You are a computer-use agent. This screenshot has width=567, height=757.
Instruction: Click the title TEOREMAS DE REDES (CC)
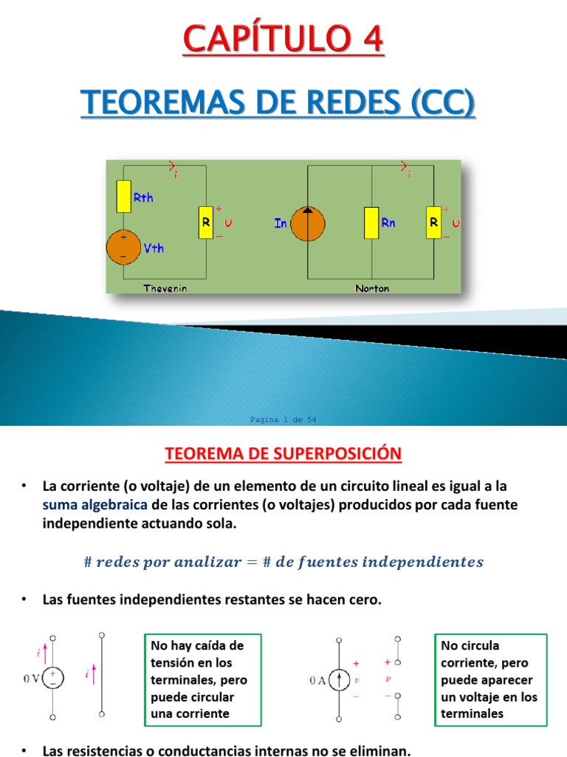(278, 101)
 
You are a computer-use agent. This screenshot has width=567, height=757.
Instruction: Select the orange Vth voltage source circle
(123, 247)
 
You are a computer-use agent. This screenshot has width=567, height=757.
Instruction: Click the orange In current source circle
(307, 223)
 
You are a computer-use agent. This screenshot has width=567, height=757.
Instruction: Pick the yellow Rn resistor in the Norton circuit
(371, 223)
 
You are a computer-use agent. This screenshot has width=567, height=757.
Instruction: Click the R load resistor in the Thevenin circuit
(206, 223)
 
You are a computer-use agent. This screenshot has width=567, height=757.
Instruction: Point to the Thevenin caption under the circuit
(165, 288)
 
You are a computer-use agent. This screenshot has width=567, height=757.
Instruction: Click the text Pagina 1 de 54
(283, 420)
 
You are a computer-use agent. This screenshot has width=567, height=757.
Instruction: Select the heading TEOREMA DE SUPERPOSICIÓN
(283, 453)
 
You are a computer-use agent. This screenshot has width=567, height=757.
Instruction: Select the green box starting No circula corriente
(491, 679)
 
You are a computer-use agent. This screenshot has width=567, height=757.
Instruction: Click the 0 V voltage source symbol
(54, 677)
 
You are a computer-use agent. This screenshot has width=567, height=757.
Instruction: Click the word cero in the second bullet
(365, 600)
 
